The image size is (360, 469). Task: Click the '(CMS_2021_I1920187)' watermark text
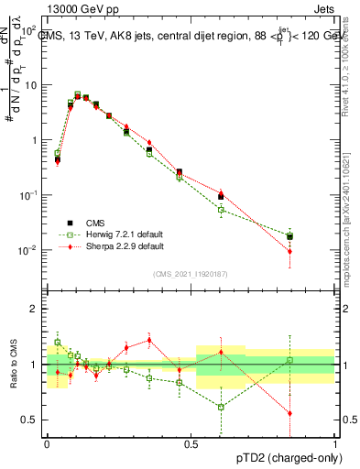pos(191,274)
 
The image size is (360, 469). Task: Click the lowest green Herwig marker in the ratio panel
pos(221,407)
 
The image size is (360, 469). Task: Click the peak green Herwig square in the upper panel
pos(77,94)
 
